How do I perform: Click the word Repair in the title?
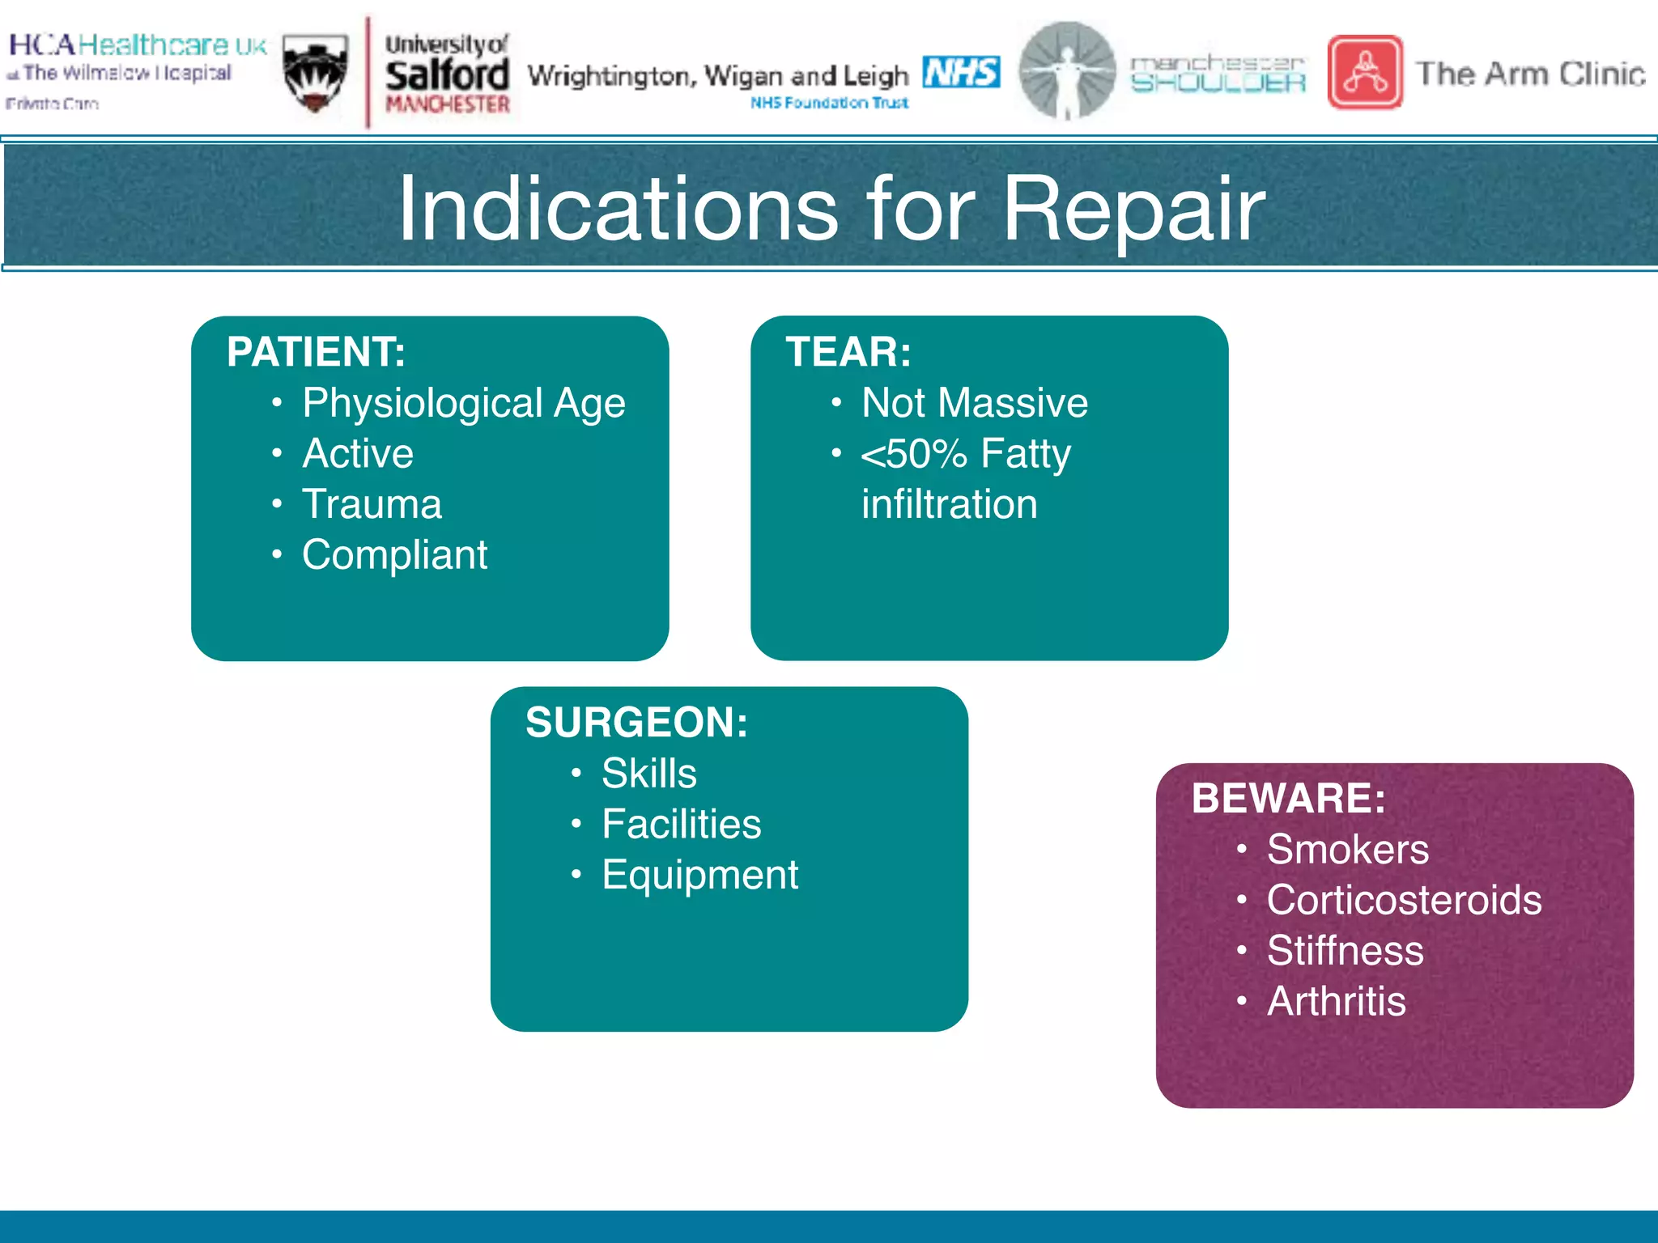[1133, 210]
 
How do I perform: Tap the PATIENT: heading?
[316, 352]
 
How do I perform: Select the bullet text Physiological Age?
[463, 403]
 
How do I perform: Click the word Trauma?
[372, 504]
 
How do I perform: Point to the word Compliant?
[394, 555]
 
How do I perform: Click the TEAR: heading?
[848, 352]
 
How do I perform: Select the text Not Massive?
[975, 403]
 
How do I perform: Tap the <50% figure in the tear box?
[914, 454]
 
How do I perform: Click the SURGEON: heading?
[636, 723]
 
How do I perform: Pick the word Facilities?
[681, 825]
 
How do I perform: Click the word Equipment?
[699, 875]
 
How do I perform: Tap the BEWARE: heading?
[1288, 799]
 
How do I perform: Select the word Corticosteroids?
[1404, 901]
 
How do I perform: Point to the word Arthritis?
[1336, 1002]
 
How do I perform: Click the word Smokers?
[1347, 850]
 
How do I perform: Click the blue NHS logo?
[961, 72]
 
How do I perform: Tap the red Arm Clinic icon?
[1365, 72]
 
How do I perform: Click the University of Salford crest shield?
[316, 73]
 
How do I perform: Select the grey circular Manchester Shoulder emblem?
[1066, 70]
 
